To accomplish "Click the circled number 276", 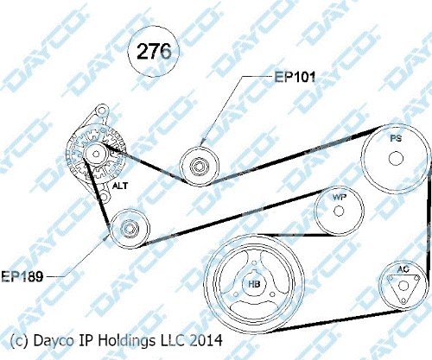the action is pos(154,51).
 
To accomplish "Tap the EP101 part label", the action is pos(295,77).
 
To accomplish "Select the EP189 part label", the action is pos(22,276).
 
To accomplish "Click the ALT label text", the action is pos(120,186).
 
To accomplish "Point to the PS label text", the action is pos(396,138).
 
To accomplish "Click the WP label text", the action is pos(340,198).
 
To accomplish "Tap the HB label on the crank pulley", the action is pos(254,284).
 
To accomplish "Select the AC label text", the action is pos(403,269).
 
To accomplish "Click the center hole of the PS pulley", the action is pos(396,158).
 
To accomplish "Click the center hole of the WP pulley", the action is pos(339,211).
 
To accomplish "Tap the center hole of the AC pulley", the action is pos(403,286).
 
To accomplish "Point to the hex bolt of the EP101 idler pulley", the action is pos(199,166).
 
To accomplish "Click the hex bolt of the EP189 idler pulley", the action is pos(130,229).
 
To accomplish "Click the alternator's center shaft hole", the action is pos(96,154).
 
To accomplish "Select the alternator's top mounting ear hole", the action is pos(101,111).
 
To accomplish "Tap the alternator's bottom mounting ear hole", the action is pos(104,197).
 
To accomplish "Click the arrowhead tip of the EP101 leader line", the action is pos(201,146).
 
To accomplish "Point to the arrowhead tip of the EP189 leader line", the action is pos(110,235).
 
